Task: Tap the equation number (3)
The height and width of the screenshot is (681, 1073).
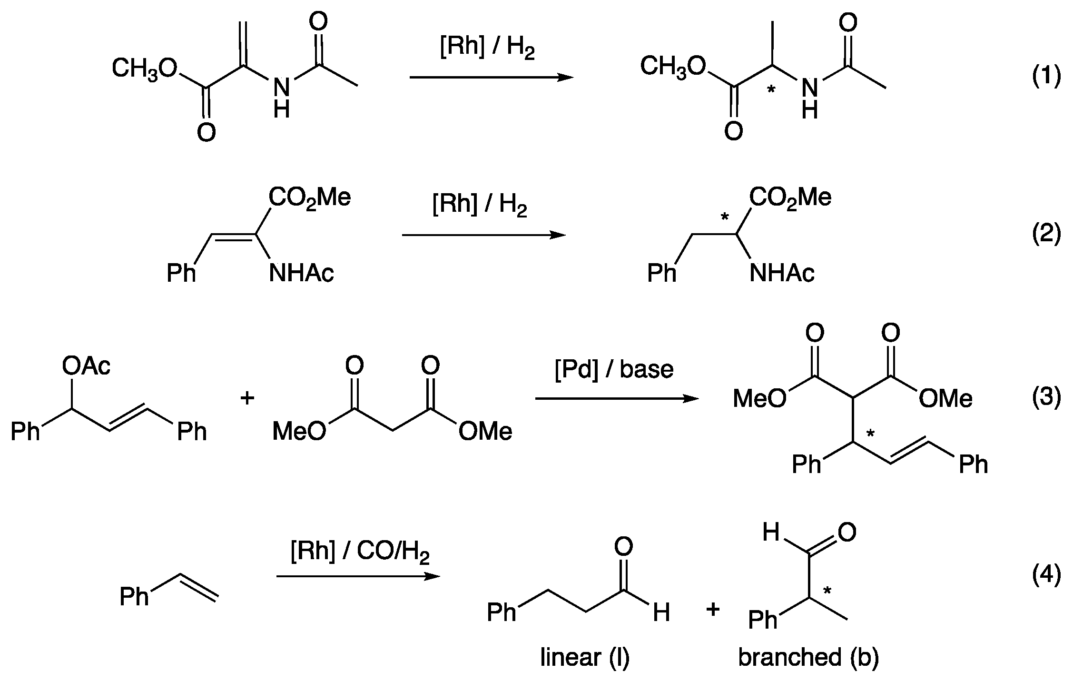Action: [1046, 397]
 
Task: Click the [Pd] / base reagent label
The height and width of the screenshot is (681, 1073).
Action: [614, 370]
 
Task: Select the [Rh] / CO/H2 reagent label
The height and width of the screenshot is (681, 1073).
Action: [360, 552]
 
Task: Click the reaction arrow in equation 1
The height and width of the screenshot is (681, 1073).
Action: [491, 77]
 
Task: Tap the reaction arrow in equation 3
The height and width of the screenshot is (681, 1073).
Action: [617, 399]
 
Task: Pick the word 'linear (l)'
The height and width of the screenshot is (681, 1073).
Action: [585, 658]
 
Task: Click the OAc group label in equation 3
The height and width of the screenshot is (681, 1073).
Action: [86, 366]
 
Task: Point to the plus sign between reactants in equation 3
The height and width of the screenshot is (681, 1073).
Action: [247, 398]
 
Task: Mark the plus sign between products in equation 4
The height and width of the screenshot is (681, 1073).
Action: [713, 610]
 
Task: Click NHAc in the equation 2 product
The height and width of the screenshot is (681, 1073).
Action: [782, 273]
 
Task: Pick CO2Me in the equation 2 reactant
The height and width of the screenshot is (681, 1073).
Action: [310, 197]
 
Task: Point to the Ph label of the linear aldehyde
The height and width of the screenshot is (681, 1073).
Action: [502, 612]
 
